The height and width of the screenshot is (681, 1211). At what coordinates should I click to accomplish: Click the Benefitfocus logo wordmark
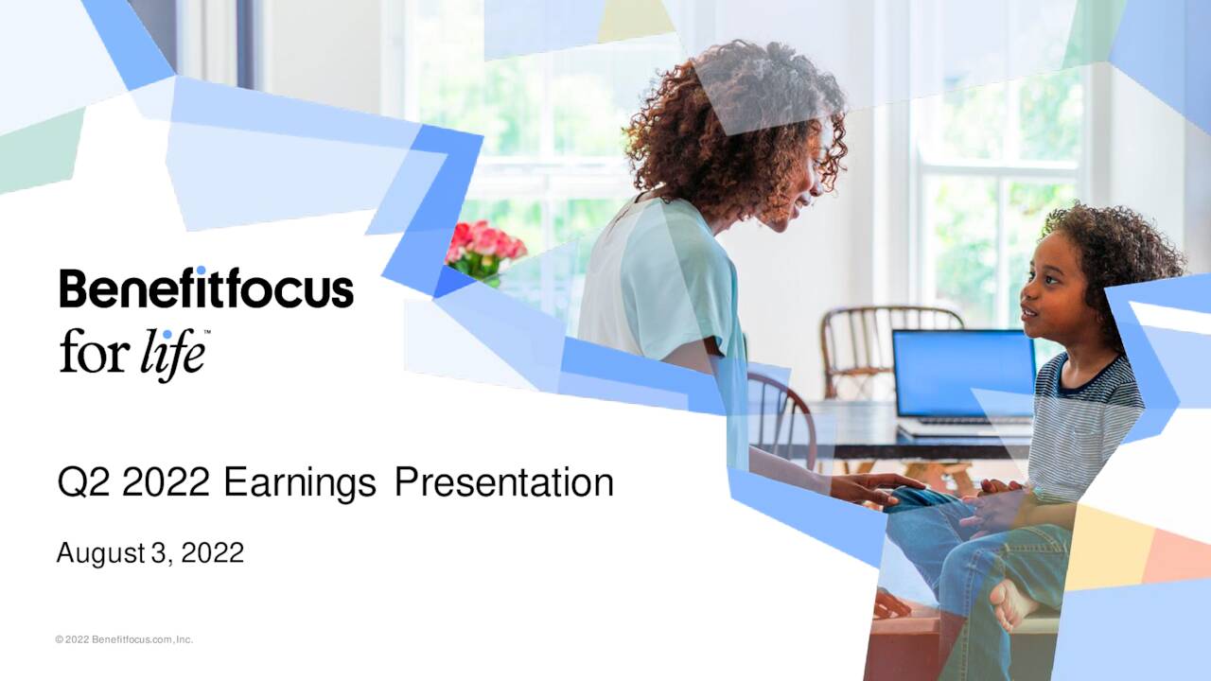[x=206, y=288]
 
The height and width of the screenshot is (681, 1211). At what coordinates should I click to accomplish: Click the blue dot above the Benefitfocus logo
[x=201, y=271]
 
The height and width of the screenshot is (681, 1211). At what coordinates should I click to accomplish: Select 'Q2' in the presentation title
[x=84, y=483]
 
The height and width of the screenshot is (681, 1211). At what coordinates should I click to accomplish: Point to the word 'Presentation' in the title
[x=503, y=483]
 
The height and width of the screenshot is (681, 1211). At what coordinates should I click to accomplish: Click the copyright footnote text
[x=124, y=640]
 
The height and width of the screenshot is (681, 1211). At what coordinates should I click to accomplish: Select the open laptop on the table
[x=963, y=378]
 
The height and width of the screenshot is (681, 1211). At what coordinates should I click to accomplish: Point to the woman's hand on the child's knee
[x=875, y=489]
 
